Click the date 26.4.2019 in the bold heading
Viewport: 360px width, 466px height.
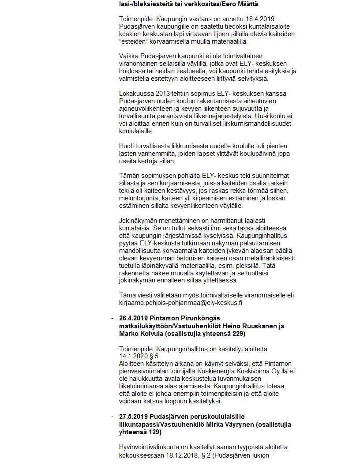[x=133, y=319]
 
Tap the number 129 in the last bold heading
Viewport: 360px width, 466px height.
[x=148, y=432]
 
